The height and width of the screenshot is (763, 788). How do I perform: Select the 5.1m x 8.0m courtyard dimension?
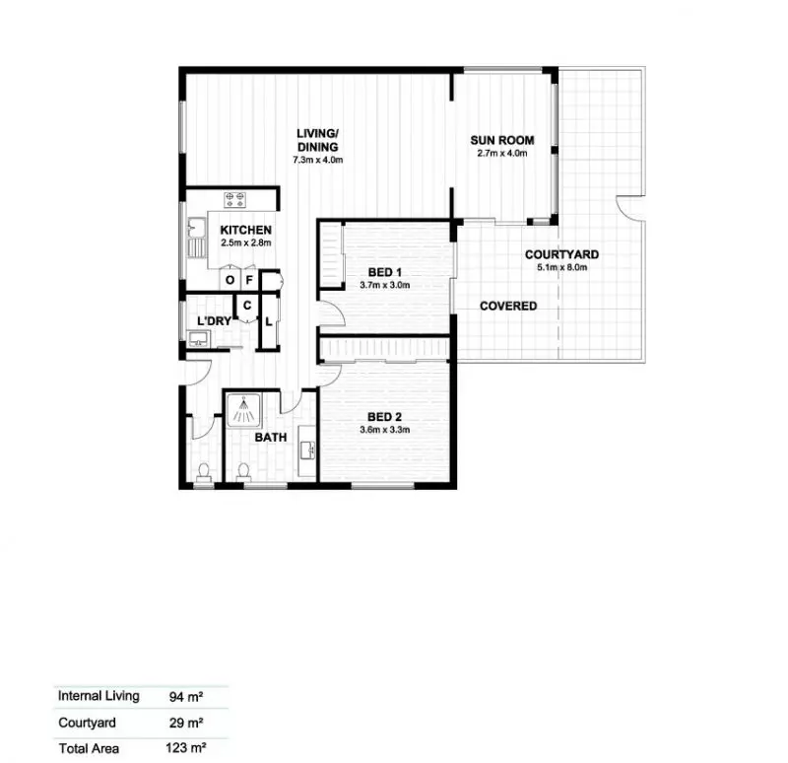pyautogui.click(x=561, y=267)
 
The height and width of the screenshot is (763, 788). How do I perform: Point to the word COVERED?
pyautogui.click(x=508, y=306)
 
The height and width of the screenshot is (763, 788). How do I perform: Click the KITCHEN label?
pyautogui.click(x=245, y=230)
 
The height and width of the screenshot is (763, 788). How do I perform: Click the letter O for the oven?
pyautogui.click(x=230, y=280)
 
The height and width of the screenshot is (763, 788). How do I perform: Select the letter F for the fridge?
pyautogui.click(x=250, y=280)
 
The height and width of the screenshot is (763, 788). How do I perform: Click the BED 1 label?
pyautogui.click(x=384, y=272)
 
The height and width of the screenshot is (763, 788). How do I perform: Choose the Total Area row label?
pyautogui.click(x=89, y=748)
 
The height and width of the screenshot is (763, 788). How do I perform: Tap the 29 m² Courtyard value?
pyautogui.click(x=185, y=722)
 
